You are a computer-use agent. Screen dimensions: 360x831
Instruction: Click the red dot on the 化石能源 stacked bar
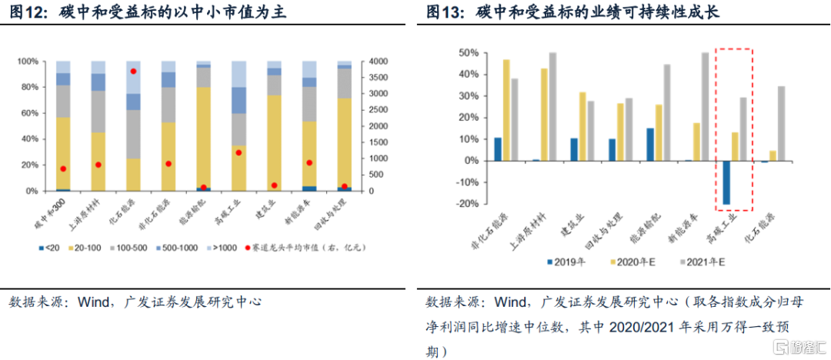(x=133, y=71)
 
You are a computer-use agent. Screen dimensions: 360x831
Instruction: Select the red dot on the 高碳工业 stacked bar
(x=239, y=152)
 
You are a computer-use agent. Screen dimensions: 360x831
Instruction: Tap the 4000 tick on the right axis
(x=381, y=62)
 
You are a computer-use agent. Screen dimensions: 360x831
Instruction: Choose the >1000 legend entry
(x=223, y=248)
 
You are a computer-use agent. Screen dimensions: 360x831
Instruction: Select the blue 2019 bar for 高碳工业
(x=726, y=182)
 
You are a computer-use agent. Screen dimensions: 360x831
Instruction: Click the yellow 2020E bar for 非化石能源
(x=506, y=109)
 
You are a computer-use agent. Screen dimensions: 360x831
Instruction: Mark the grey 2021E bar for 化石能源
(x=782, y=123)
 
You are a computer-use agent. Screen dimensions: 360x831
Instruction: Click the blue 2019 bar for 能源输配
(x=649, y=144)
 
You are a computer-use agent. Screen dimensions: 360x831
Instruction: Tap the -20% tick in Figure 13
(x=470, y=204)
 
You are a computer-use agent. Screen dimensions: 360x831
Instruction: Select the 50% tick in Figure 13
(x=470, y=53)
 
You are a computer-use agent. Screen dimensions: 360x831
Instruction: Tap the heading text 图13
(x=442, y=13)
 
